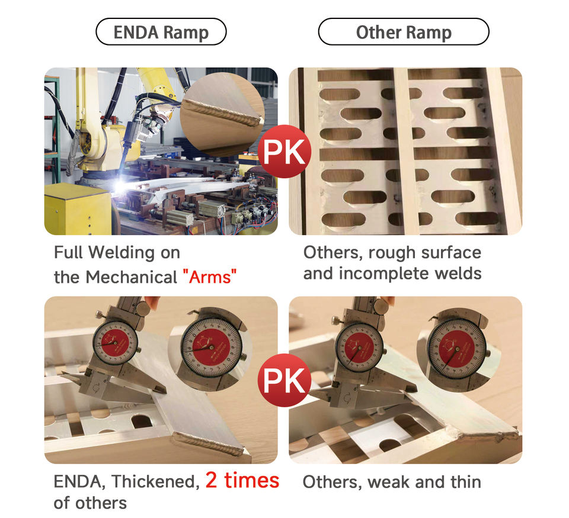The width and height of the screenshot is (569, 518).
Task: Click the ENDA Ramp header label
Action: click(x=161, y=32)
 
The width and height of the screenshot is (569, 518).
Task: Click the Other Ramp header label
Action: click(x=404, y=32)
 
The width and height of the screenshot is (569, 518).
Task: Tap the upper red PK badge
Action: click(x=284, y=152)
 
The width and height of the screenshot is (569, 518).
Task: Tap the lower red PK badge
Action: click(x=284, y=380)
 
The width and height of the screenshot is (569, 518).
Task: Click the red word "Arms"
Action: click(x=210, y=277)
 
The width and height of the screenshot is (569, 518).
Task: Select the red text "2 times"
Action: click(x=242, y=480)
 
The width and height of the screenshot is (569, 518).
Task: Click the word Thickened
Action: click(x=156, y=482)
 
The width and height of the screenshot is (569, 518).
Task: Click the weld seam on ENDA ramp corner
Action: click(x=210, y=444)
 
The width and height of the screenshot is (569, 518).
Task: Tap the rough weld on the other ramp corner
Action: click(x=482, y=432)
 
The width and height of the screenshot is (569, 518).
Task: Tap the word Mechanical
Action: click(x=132, y=277)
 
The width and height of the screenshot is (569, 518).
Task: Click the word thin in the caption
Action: click(x=466, y=482)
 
